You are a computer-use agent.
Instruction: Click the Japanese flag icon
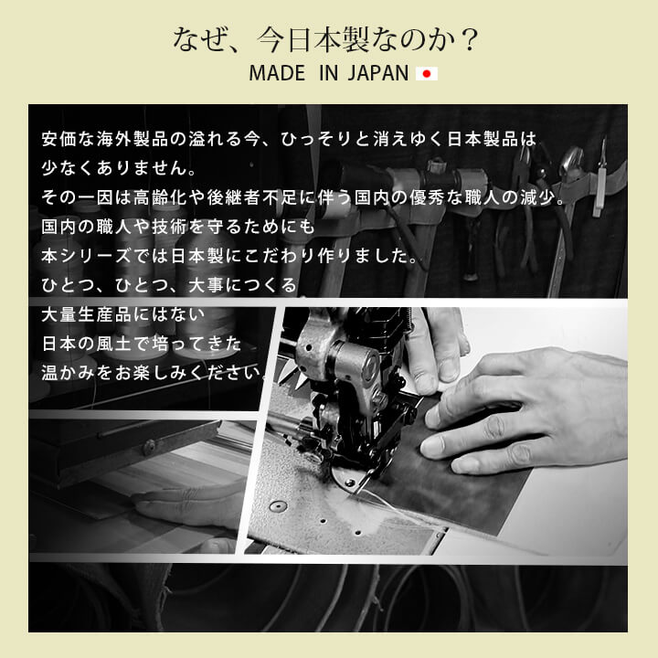coord(427,74)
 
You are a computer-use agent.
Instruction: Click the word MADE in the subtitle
coord(277,73)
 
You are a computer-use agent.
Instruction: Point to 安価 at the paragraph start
coord(59,139)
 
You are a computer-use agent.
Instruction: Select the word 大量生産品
coord(87,314)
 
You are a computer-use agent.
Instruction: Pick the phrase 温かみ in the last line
coord(69,373)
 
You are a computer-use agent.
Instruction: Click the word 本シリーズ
coord(87,256)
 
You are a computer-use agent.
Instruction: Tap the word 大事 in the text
coord(206,285)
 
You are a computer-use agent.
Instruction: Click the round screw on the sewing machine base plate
coord(278,506)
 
